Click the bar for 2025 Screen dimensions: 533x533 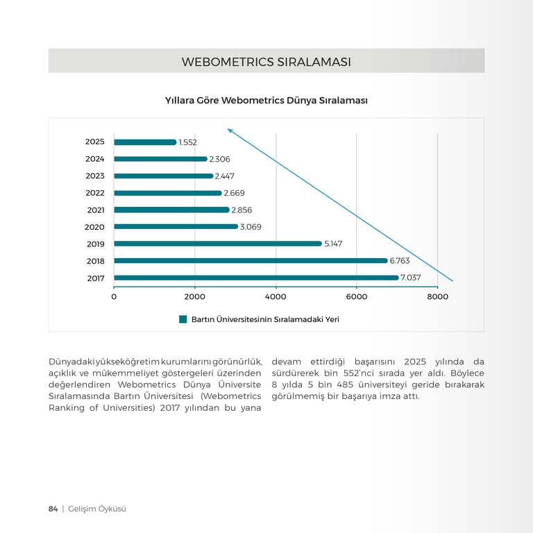pyautogui.click(x=145, y=142)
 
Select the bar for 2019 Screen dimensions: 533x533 pyautogui.click(x=218, y=244)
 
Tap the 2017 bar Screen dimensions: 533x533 pyautogui.click(x=256, y=278)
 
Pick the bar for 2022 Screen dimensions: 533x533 pyautogui.click(x=168, y=193)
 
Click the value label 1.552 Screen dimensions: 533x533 pyautogui.click(x=187, y=142)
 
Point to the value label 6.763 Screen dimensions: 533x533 pyautogui.click(x=400, y=261)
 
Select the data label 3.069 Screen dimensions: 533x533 pyautogui.click(x=251, y=227)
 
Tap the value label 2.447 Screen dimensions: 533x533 pyautogui.click(x=224, y=176)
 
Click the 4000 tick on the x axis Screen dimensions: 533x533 pyautogui.click(x=276, y=297)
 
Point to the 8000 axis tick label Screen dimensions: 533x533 pyautogui.click(x=437, y=297)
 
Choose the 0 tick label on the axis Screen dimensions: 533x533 pyautogui.click(x=114, y=297)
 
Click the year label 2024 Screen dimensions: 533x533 pyautogui.click(x=95, y=159)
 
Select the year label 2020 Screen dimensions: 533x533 pyautogui.click(x=94, y=227)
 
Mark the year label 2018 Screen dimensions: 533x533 pyautogui.click(x=96, y=261)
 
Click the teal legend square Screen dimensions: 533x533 pyautogui.click(x=183, y=319)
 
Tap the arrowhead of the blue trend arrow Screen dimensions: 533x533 pyautogui.click(x=230, y=130)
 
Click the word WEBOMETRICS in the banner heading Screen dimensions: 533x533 pyautogui.click(x=228, y=62)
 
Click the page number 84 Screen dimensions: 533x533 pyautogui.click(x=53, y=509)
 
